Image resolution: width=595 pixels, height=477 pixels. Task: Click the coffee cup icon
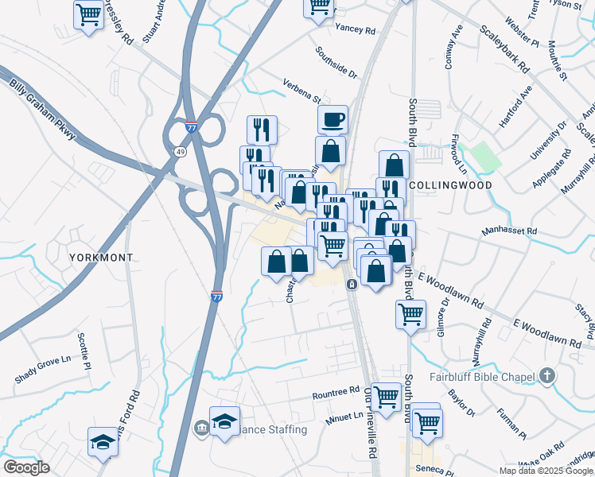point(332,119)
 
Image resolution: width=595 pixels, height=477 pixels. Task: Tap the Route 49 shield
point(181,151)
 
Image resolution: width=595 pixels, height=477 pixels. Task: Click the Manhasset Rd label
point(510,232)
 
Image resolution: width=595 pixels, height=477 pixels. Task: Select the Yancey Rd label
point(356,29)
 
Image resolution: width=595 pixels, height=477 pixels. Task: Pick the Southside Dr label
point(336,61)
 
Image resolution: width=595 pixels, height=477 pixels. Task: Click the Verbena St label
point(301,91)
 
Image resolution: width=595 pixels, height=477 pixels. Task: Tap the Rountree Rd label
point(336,393)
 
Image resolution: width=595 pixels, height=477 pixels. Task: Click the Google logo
point(26,467)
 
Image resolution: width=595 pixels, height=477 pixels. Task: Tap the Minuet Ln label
point(344,416)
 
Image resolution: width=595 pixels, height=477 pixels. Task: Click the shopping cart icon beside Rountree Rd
point(386,396)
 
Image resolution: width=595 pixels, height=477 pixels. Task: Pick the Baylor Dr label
point(461,402)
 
